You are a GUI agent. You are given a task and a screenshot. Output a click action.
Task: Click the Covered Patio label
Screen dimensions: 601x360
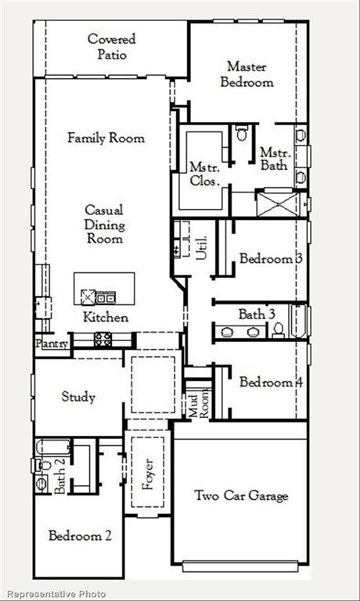(111, 47)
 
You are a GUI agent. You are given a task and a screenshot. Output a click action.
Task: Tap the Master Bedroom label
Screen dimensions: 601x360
(249, 74)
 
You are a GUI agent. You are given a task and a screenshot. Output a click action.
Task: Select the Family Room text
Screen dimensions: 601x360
(106, 139)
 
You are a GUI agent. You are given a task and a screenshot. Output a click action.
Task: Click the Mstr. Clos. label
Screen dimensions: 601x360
(205, 173)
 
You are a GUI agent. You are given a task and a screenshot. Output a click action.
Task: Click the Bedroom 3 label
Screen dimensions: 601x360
(266, 259)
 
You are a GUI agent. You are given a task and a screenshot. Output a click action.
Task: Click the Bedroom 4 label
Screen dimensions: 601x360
(266, 383)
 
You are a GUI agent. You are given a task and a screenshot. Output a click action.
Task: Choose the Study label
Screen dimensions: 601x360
(78, 397)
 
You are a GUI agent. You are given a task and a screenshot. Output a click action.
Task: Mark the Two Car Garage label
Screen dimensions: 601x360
(240, 496)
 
